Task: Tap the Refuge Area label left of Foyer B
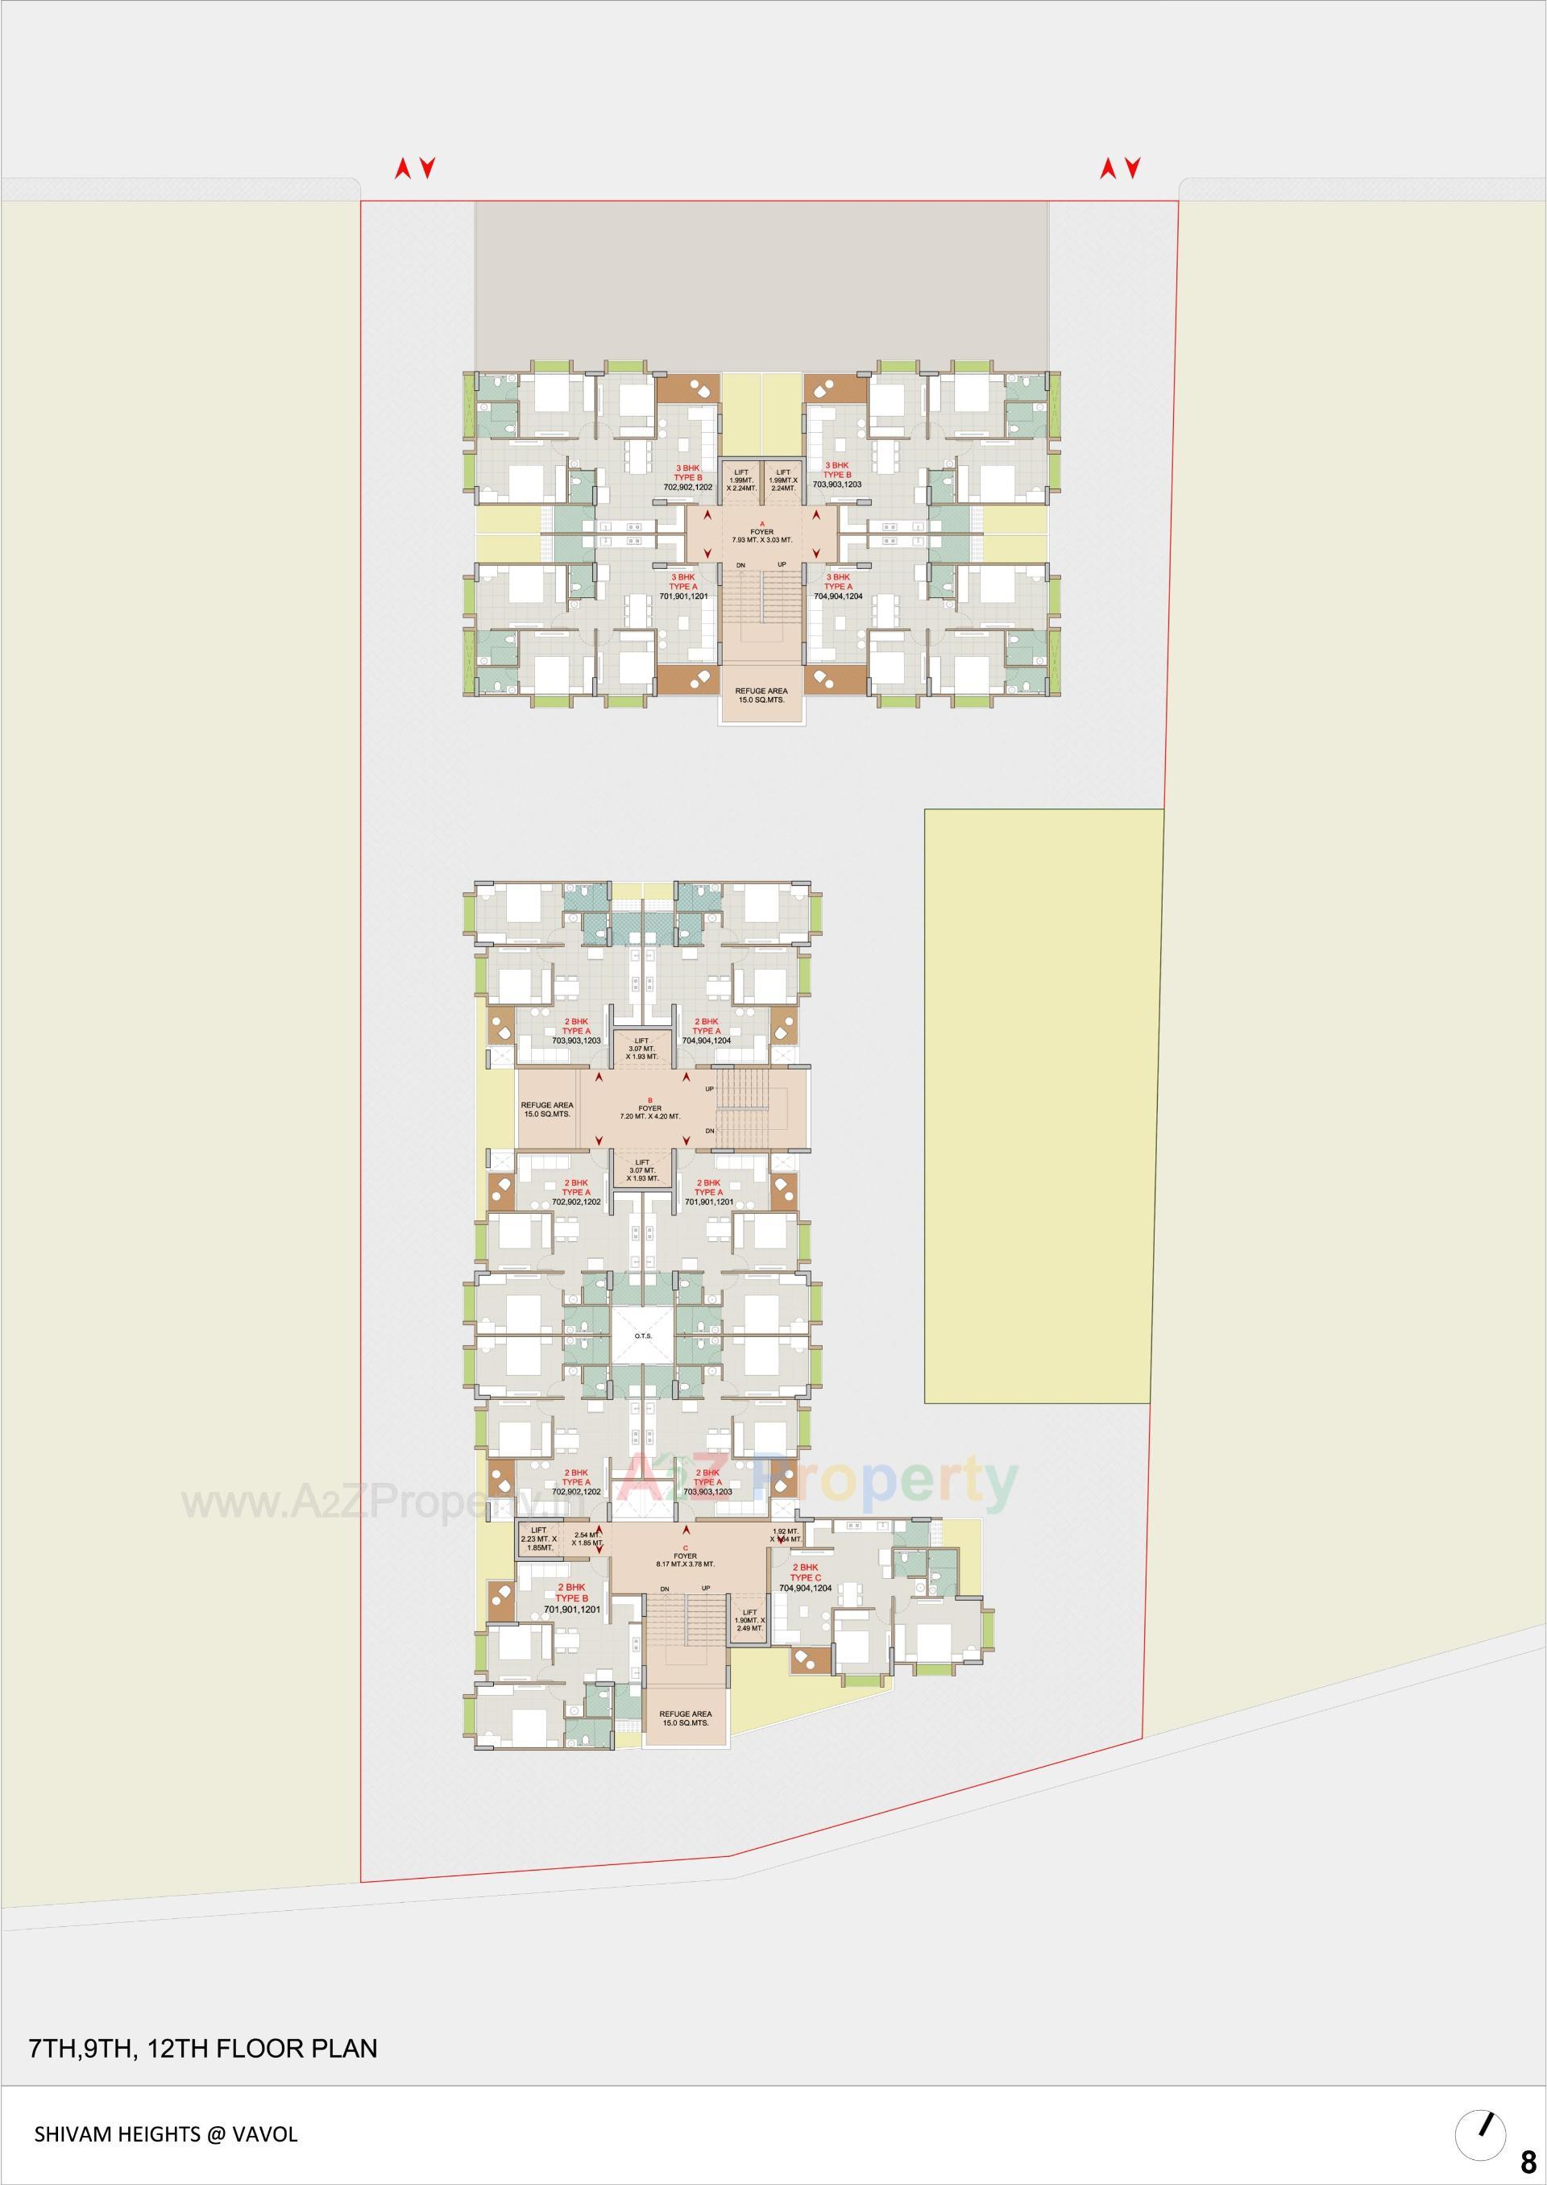547,1109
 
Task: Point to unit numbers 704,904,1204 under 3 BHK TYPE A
836,596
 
